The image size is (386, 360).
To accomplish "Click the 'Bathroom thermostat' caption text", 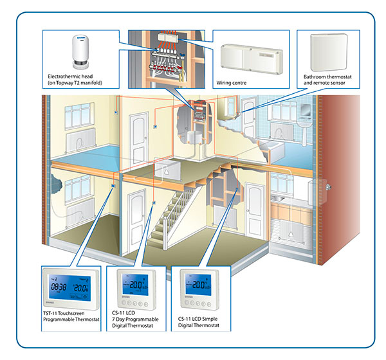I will pos(329,76).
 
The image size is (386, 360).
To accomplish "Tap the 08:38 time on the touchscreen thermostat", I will pos(59,289).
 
